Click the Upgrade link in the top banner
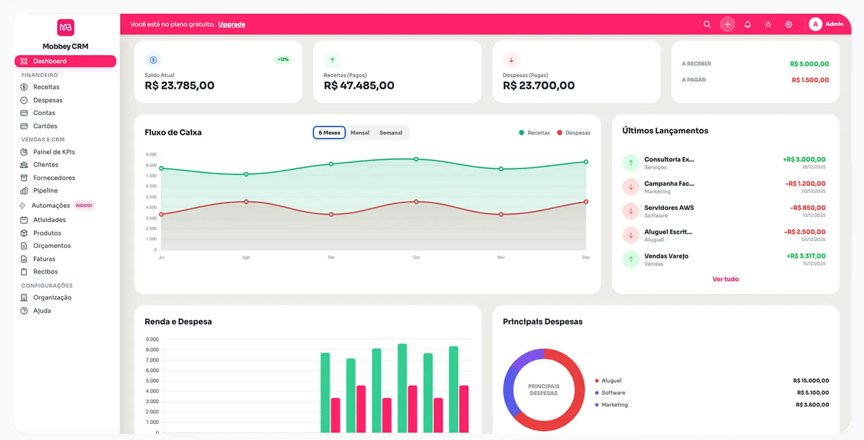click(231, 24)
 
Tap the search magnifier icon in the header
click(707, 24)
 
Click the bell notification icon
click(748, 24)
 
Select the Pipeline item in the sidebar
click(45, 190)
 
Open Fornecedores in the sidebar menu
click(54, 178)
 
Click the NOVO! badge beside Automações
click(84, 206)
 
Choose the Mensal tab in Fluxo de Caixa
click(360, 133)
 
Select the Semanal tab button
click(391, 133)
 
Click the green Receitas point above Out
click(416, 159)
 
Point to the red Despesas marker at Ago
click(246, 202)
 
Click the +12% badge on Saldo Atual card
click(283, 59)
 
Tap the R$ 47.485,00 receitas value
click(359, 86)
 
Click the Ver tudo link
click(725, 279)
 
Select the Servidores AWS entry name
click(669, 208)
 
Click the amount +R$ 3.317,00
click(806, 256)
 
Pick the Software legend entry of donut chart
click(613, 392)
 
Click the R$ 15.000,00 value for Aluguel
click(811, 381)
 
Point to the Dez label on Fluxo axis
click(585, 257)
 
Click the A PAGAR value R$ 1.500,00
click(810, 80)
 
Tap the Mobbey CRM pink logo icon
click(65, 27)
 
